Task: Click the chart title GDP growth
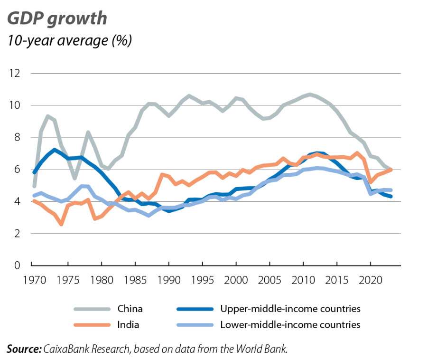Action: click(56, 19)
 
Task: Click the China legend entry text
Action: click(130, 309)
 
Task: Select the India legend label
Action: click(128, 325)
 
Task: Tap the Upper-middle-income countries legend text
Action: click(290, 309)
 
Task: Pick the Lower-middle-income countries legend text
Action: click(290, 325)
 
